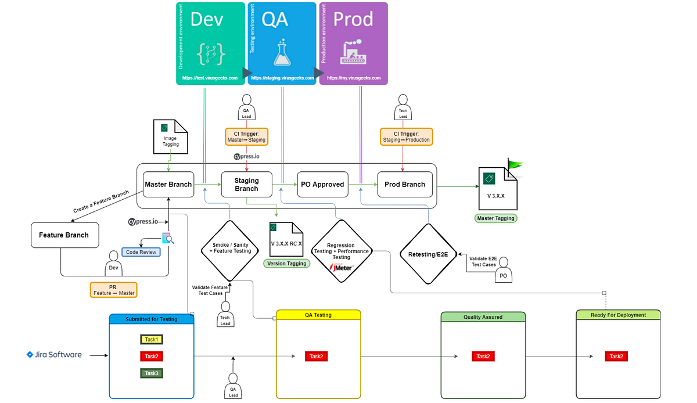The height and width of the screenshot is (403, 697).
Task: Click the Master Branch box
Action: (168, 185)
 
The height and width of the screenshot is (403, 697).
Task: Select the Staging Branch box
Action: (246, 185)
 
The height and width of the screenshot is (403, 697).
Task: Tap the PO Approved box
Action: (322, 185)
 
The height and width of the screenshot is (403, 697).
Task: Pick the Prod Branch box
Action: (405, 185)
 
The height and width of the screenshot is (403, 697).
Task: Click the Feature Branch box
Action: (64, 235)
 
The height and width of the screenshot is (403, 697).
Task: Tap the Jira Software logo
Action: (54, 354)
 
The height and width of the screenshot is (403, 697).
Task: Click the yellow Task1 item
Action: (152, 339)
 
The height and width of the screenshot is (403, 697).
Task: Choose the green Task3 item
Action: (152, 373)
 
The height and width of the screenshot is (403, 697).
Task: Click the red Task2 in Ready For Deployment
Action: (616, 357)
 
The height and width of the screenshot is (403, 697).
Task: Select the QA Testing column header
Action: (318, 315)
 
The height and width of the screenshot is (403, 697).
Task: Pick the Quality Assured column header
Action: (483, 317)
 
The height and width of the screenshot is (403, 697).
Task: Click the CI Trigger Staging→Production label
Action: (407, 136)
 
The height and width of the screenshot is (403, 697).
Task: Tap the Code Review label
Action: (141, 252)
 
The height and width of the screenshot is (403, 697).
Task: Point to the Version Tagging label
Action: (286, 263)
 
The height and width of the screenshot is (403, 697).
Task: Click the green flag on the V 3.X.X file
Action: (514, 165)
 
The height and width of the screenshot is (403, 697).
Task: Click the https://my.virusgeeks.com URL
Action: (354, 78)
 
